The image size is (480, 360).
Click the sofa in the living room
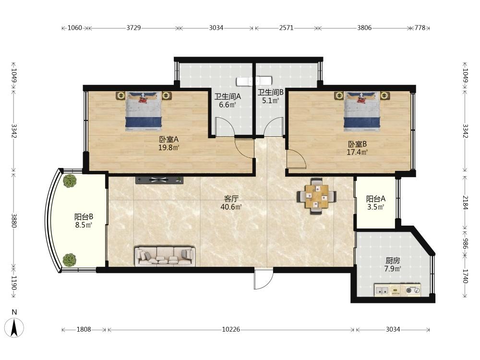165,256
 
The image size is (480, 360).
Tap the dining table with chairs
316,196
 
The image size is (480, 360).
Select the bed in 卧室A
143,111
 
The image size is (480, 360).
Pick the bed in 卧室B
361,111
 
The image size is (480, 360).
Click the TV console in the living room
159,180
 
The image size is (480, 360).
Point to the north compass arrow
14,327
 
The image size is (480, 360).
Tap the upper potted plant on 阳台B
70,180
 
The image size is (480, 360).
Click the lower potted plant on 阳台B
70,260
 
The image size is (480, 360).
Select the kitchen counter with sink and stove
397,289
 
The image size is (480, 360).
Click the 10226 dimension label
231,329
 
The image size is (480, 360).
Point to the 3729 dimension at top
133,28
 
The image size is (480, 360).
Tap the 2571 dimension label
286,28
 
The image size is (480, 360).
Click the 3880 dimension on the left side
14,220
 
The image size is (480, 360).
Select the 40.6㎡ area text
231,207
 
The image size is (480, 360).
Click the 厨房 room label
393,261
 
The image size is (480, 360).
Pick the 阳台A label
376,199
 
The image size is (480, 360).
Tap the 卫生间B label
271,92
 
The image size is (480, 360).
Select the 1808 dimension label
84,329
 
